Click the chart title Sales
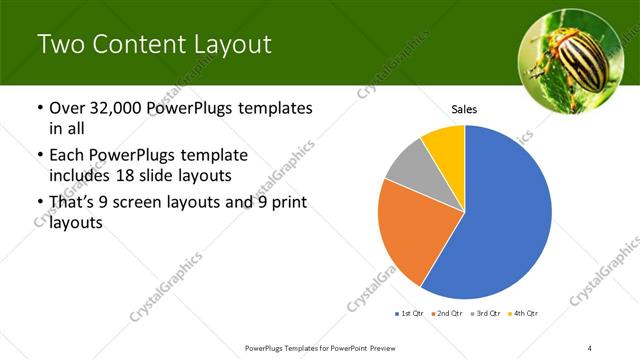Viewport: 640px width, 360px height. click(x=464, y=109)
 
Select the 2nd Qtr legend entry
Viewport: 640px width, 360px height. click(x=445, y=314)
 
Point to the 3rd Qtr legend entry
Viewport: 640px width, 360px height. click(x=484, y=314)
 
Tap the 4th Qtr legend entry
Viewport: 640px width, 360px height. click(x=523, y=314)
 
